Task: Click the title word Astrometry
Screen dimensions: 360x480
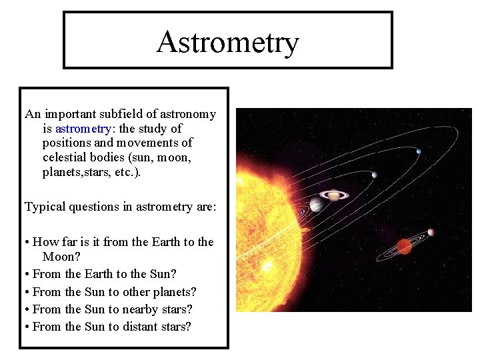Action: tap(227, 42)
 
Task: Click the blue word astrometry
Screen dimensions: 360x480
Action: tap(83, 128)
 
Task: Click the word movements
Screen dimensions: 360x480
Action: tap(153, 143)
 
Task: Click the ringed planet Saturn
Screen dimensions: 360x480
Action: tap(331, 195)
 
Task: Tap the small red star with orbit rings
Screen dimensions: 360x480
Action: tap(404, 246)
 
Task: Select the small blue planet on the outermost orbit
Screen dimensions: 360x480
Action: tap(419, 151)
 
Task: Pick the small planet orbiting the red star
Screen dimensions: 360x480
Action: tap(431, 232)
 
